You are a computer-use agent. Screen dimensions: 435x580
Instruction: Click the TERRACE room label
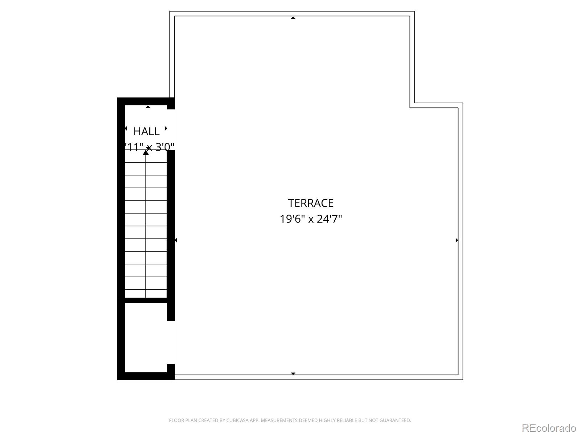pyautogui.click(x=311, y=203)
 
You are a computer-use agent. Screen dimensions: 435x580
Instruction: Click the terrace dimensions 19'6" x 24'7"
pyautogui.click(x=311, y=219)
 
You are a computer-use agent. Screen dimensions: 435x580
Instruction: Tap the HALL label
pyautogui.click(x=146, y=131)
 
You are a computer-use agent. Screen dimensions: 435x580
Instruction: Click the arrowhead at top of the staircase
pyautogui.click(x=146, y=153)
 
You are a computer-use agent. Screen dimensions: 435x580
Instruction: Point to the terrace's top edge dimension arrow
pyautogui.click(x=293, y=18)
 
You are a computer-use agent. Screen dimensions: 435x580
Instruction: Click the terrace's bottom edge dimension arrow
pyautogui.click(x=293, y=373)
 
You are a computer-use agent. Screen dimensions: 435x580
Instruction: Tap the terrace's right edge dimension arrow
pyautogui.click(x=456, y=240)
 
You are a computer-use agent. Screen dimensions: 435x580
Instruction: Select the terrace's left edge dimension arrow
pyautogui.click(x=176, y=240)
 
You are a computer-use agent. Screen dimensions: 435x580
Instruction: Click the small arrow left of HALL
pyautogui.click(x=126, y=128)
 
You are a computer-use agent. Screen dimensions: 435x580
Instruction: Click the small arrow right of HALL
pyautogui.click(x=166, y=128)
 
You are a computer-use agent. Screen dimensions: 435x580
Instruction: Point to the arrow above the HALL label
pyautogui.click(x=148, y=107)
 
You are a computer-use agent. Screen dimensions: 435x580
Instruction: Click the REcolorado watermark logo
pyautogui.click(x=549, y=428)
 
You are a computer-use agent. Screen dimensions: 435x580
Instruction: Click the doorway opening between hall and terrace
pyautogui.click(x=171, y=129)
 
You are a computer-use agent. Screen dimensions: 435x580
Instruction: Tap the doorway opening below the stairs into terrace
pyautogui.click(x=171, y=343)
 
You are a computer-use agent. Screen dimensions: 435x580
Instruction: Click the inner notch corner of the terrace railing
pyautogui.click(x=412, y=105)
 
